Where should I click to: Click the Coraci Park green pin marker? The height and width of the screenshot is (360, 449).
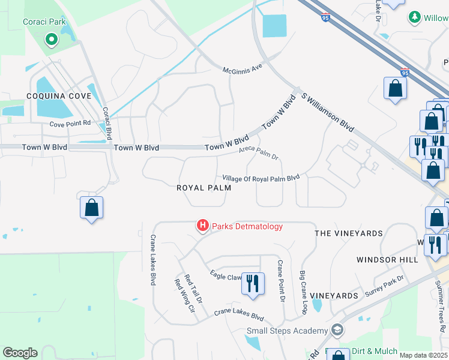tap(52, 40)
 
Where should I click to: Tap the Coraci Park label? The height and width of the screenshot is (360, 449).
tap(44, 22)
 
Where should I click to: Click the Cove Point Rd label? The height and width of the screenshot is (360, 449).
tap(70, 124)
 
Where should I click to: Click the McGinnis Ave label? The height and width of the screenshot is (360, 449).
tap(243, 69)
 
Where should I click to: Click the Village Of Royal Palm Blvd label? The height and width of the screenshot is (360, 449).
tap(261, 178)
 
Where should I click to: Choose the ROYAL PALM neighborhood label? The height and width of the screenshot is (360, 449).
tap(203, 188)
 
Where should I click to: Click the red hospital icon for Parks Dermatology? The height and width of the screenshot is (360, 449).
tap(203, 226)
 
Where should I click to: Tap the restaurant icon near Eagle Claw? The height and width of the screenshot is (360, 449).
tap(253, 282)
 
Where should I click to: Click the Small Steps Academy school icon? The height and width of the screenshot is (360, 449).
tap(338, 331)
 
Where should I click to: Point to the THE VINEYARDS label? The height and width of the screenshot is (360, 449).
tap(349, 233)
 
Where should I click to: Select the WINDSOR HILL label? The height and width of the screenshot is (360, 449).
tap(387, 260)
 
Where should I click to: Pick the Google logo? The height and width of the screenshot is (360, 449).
tap(20, 353)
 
